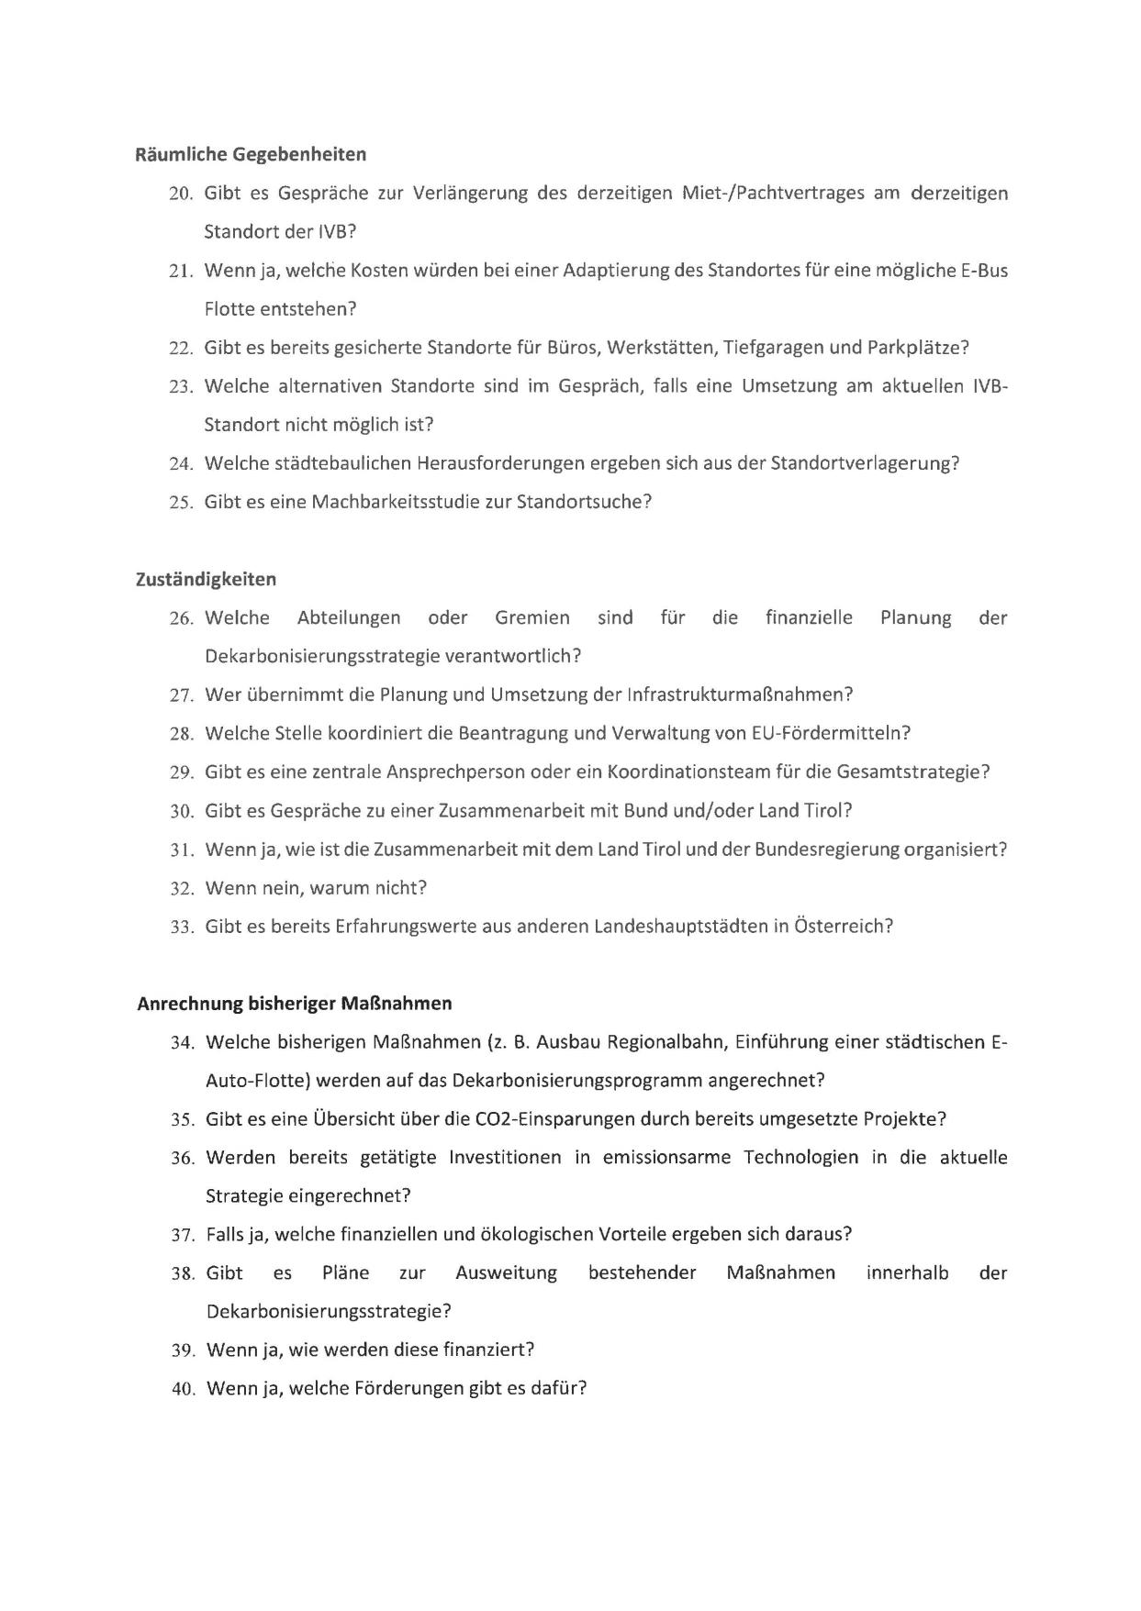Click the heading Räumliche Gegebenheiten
tap(251, 154)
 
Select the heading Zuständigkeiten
tap(206, 579)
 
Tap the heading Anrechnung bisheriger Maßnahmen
tap(295, 1003)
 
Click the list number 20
tap(180, 194)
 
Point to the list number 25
tap(180, 503)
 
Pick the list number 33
tap(182, 927)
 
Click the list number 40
tap(183, 1389)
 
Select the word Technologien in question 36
tap(800, 1158)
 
